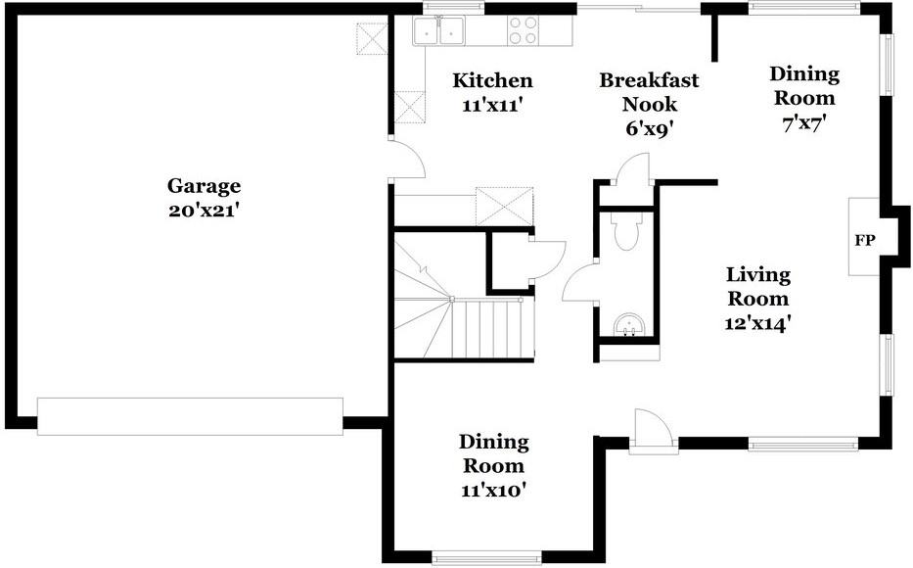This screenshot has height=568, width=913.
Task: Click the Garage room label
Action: (204, 185)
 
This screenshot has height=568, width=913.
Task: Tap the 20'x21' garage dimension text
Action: (204, 210)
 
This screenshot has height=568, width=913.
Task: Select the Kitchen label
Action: (492, 80)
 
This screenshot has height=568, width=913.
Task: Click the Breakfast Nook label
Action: (649, 91)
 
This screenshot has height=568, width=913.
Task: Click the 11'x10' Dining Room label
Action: (494, 466)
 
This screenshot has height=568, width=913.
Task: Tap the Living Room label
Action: (757, 286)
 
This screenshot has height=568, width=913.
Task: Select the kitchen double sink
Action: (437, 32)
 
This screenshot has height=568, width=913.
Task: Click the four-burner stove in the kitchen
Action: (523, 31)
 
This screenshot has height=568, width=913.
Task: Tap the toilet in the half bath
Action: (624, 232)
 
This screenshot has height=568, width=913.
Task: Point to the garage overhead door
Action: (190, 416)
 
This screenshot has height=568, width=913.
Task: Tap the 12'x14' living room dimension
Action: (757, 322)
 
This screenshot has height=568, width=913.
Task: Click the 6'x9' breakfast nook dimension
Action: (649, 127)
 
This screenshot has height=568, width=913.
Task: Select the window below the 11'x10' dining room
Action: (486, 558)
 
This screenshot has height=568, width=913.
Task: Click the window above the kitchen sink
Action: (453, 8)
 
